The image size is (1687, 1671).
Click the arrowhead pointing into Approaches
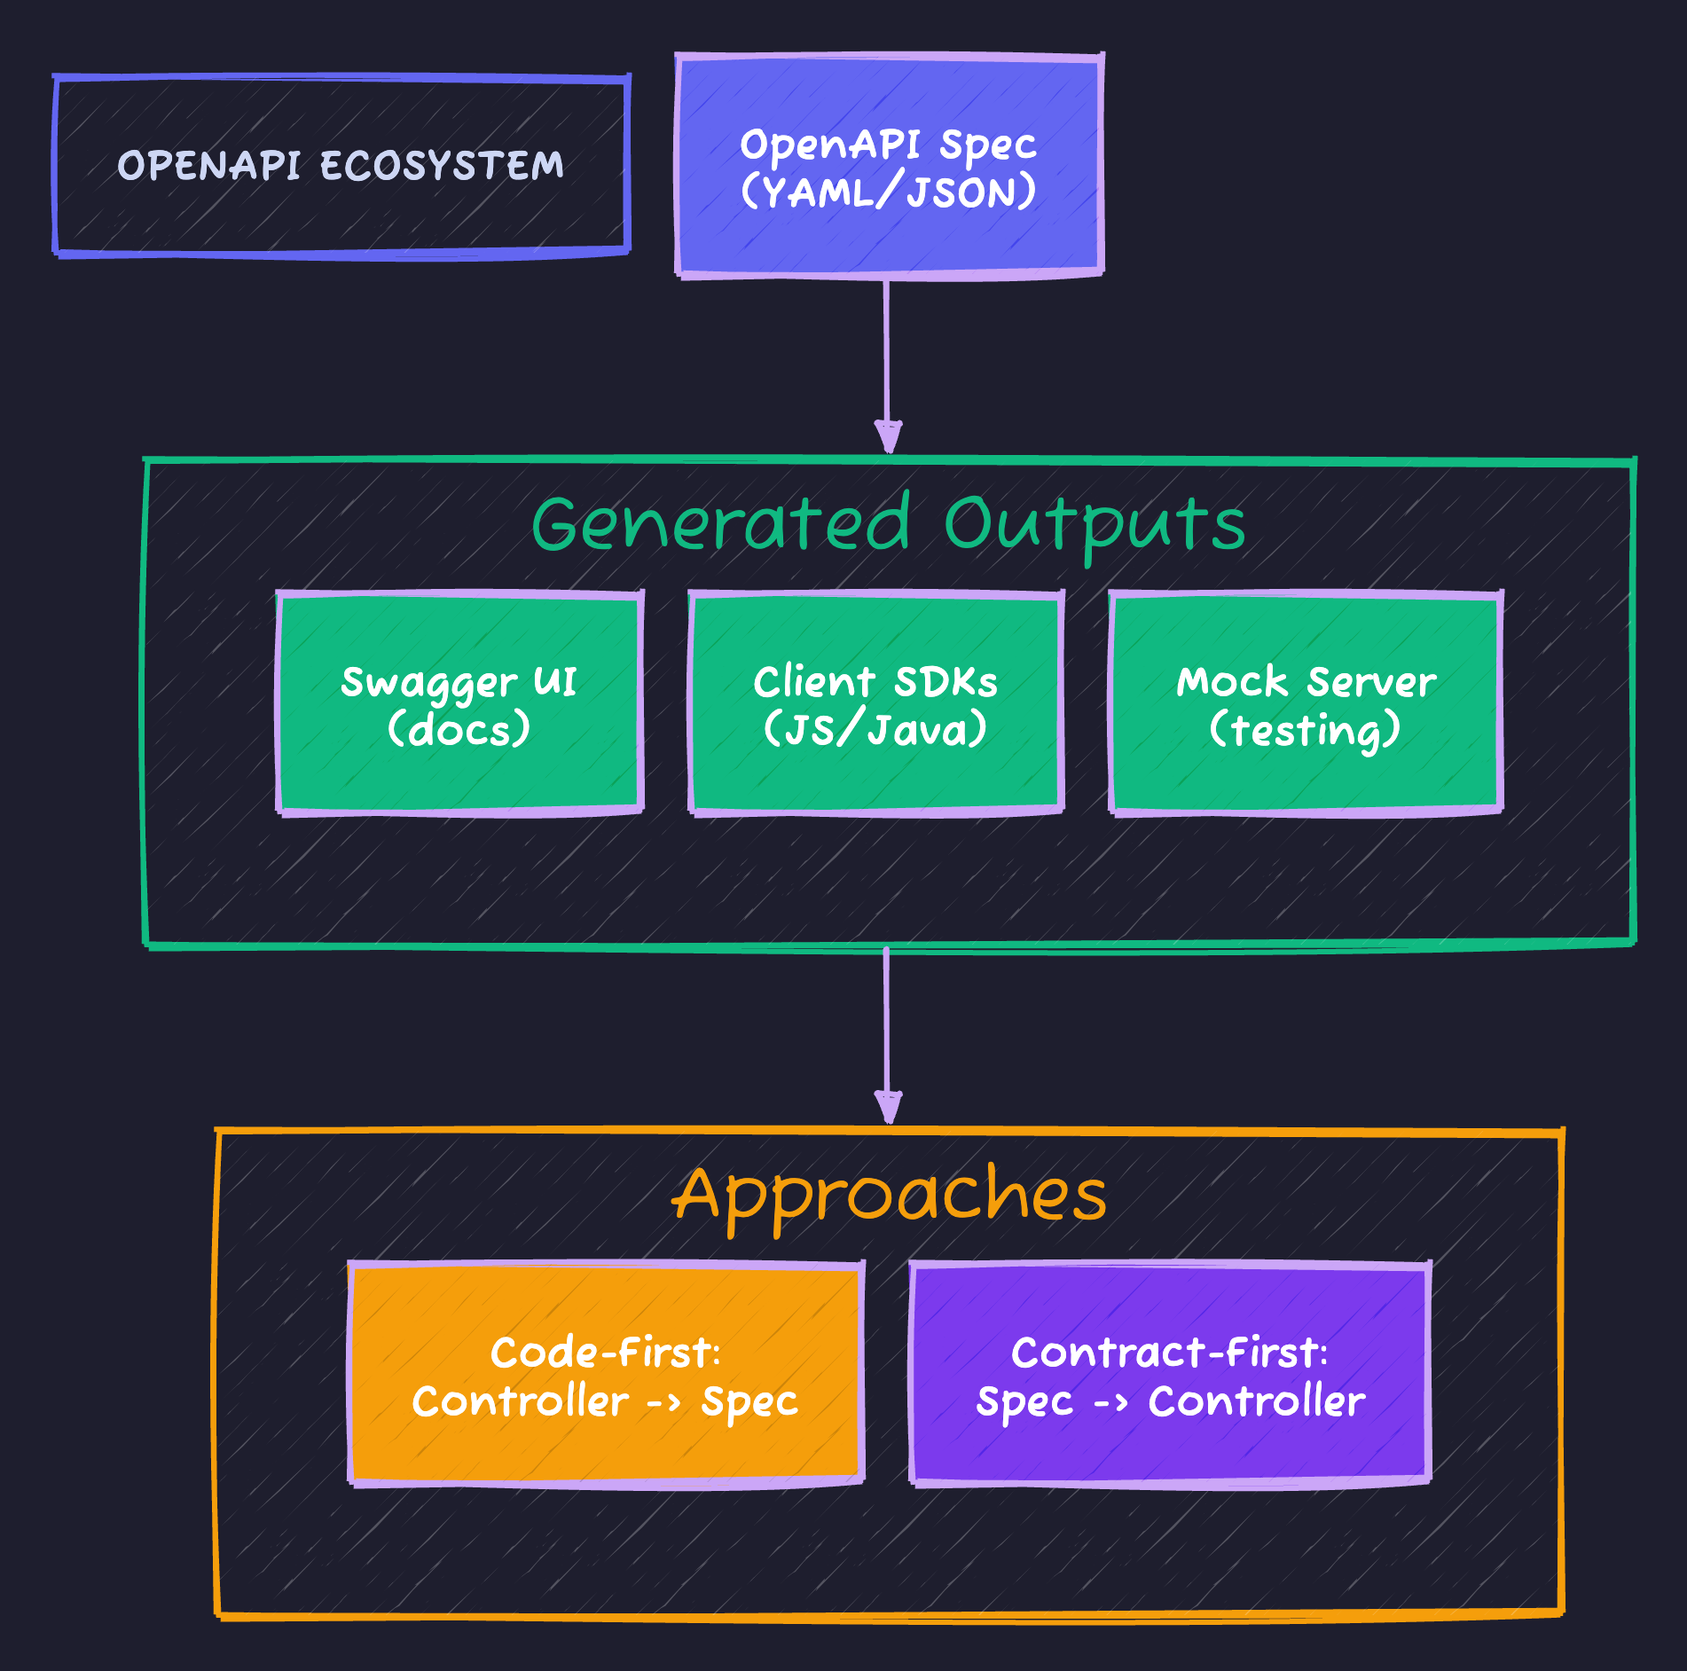tap(888, 1107)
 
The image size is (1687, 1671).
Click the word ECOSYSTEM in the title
tap(442, 166)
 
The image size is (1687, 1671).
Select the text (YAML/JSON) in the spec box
tap(889, 192)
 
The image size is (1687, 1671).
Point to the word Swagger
tap(428, 683)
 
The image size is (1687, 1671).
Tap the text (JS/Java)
tap(875, 729)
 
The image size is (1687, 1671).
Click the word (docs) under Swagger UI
tap(459, 729)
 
